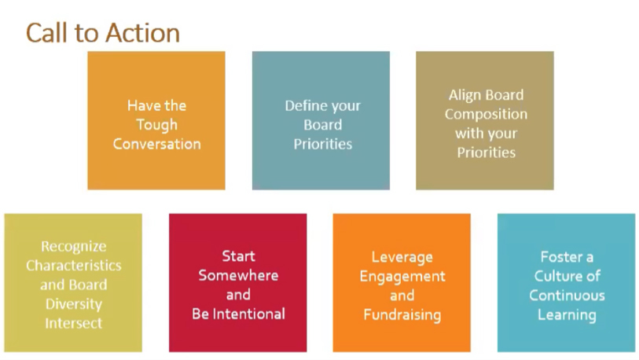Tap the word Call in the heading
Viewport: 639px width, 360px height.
point(47,33)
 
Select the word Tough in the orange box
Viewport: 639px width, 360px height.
point(157,125)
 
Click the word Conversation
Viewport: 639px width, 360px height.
point(157,144)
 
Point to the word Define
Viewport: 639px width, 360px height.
point(304,105)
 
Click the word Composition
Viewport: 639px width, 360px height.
point(486,115)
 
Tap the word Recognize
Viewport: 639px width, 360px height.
point(74,247)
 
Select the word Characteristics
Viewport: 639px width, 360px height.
point(74,266)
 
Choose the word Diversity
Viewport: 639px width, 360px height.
point(74,304)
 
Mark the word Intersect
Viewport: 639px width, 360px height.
point(74,323)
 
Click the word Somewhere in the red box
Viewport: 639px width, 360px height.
point(238,275)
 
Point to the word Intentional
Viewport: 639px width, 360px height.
point(249,314)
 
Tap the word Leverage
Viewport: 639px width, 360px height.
point(402,258)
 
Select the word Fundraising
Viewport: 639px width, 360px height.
point(402,315)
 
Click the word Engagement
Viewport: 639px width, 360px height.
point(402,277)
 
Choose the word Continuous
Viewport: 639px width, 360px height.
point(567,296)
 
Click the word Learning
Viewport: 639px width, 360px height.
point(567,315)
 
